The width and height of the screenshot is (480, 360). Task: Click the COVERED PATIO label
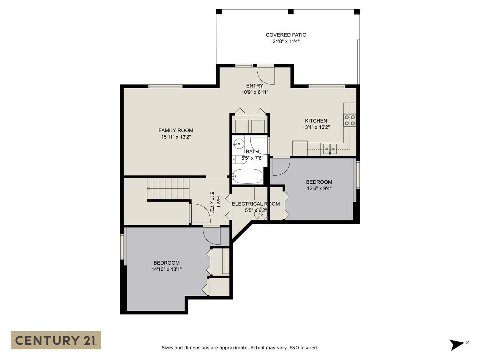[x=286, y=35]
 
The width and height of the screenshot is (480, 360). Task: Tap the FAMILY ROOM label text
[x=176, y=131]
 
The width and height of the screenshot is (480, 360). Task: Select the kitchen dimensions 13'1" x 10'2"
[x=316, y=127]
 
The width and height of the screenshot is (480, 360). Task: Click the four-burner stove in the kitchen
[x=350, y=120]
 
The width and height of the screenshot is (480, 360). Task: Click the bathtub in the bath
[x=247, y=176]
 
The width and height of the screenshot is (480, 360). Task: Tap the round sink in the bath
[x=238, y=144]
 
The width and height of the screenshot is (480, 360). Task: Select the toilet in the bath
[x=239, y=160]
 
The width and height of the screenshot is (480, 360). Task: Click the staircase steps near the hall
[x=168, y=188]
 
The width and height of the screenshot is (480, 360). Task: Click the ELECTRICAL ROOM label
[x=256, y=204]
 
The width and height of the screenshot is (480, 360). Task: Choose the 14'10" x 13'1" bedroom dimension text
[x=167, y=269]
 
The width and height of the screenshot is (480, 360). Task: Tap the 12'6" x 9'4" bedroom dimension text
[x=319, y=188]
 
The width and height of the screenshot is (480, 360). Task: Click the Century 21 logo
[x=56, y=340]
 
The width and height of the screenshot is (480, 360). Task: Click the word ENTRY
[x=254, y=86]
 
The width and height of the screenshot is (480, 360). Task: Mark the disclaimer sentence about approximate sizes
[x=240, y=348]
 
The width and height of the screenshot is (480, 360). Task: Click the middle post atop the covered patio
[x=291, y=12]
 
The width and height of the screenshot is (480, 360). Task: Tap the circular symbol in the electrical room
[x=261, y=215]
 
